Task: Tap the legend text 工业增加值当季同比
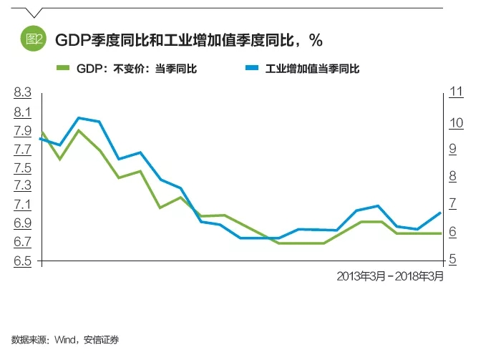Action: tap(311, 69)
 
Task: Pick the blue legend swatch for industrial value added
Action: tap(251, 69)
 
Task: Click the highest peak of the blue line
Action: tap(79, 117)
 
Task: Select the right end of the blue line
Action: tap(440, 213)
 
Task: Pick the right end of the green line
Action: tap(440, 233)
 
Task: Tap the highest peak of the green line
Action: tap(79, 130)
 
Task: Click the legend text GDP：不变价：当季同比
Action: tap(136, 69)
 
